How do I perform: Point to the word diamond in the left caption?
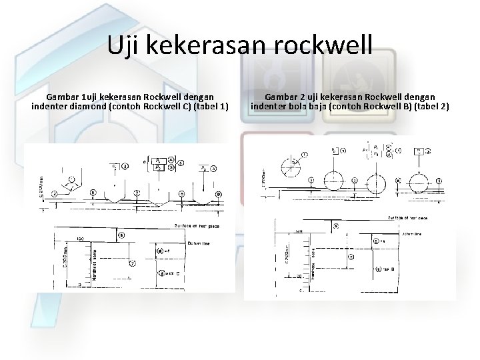click(90, 107)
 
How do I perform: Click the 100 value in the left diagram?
click(80, 238)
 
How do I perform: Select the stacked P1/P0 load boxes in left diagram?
click(159, 164)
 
